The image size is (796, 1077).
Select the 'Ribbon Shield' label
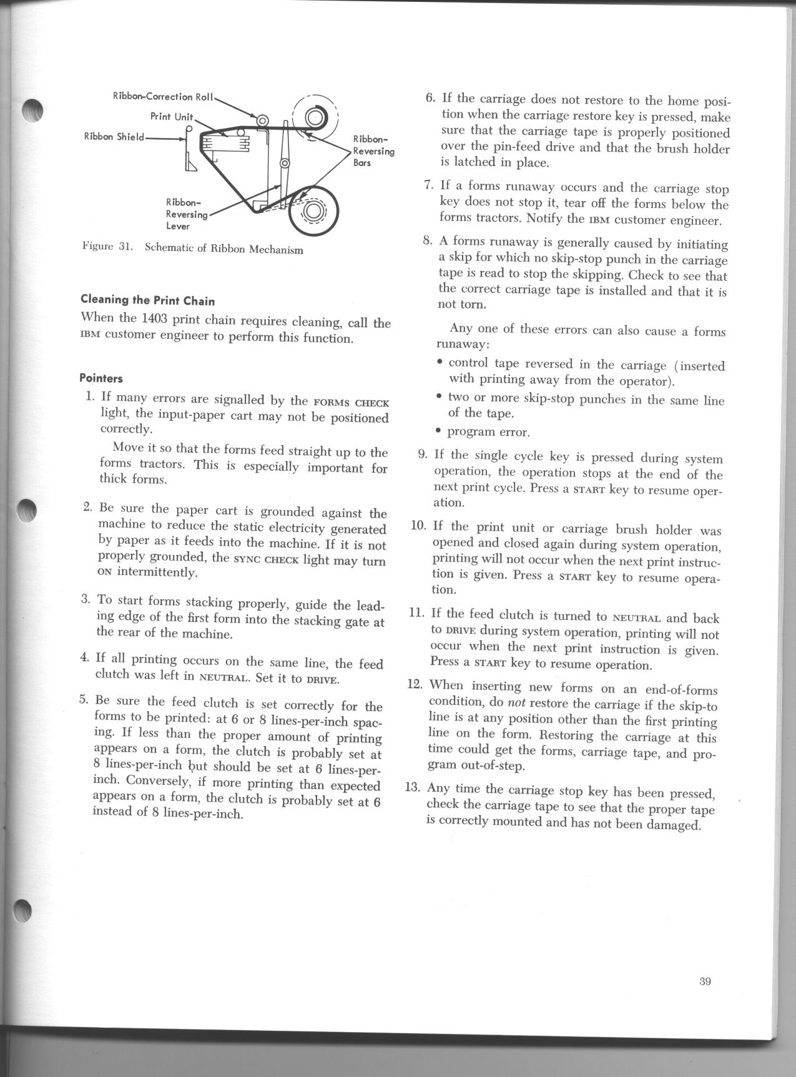coord(114,137)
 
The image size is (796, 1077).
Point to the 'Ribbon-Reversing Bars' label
coord(373,150)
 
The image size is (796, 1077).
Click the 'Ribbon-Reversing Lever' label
coord(185,214)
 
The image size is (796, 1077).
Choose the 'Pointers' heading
coord(101,378)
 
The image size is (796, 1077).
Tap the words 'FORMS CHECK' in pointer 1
coord(351,403)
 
